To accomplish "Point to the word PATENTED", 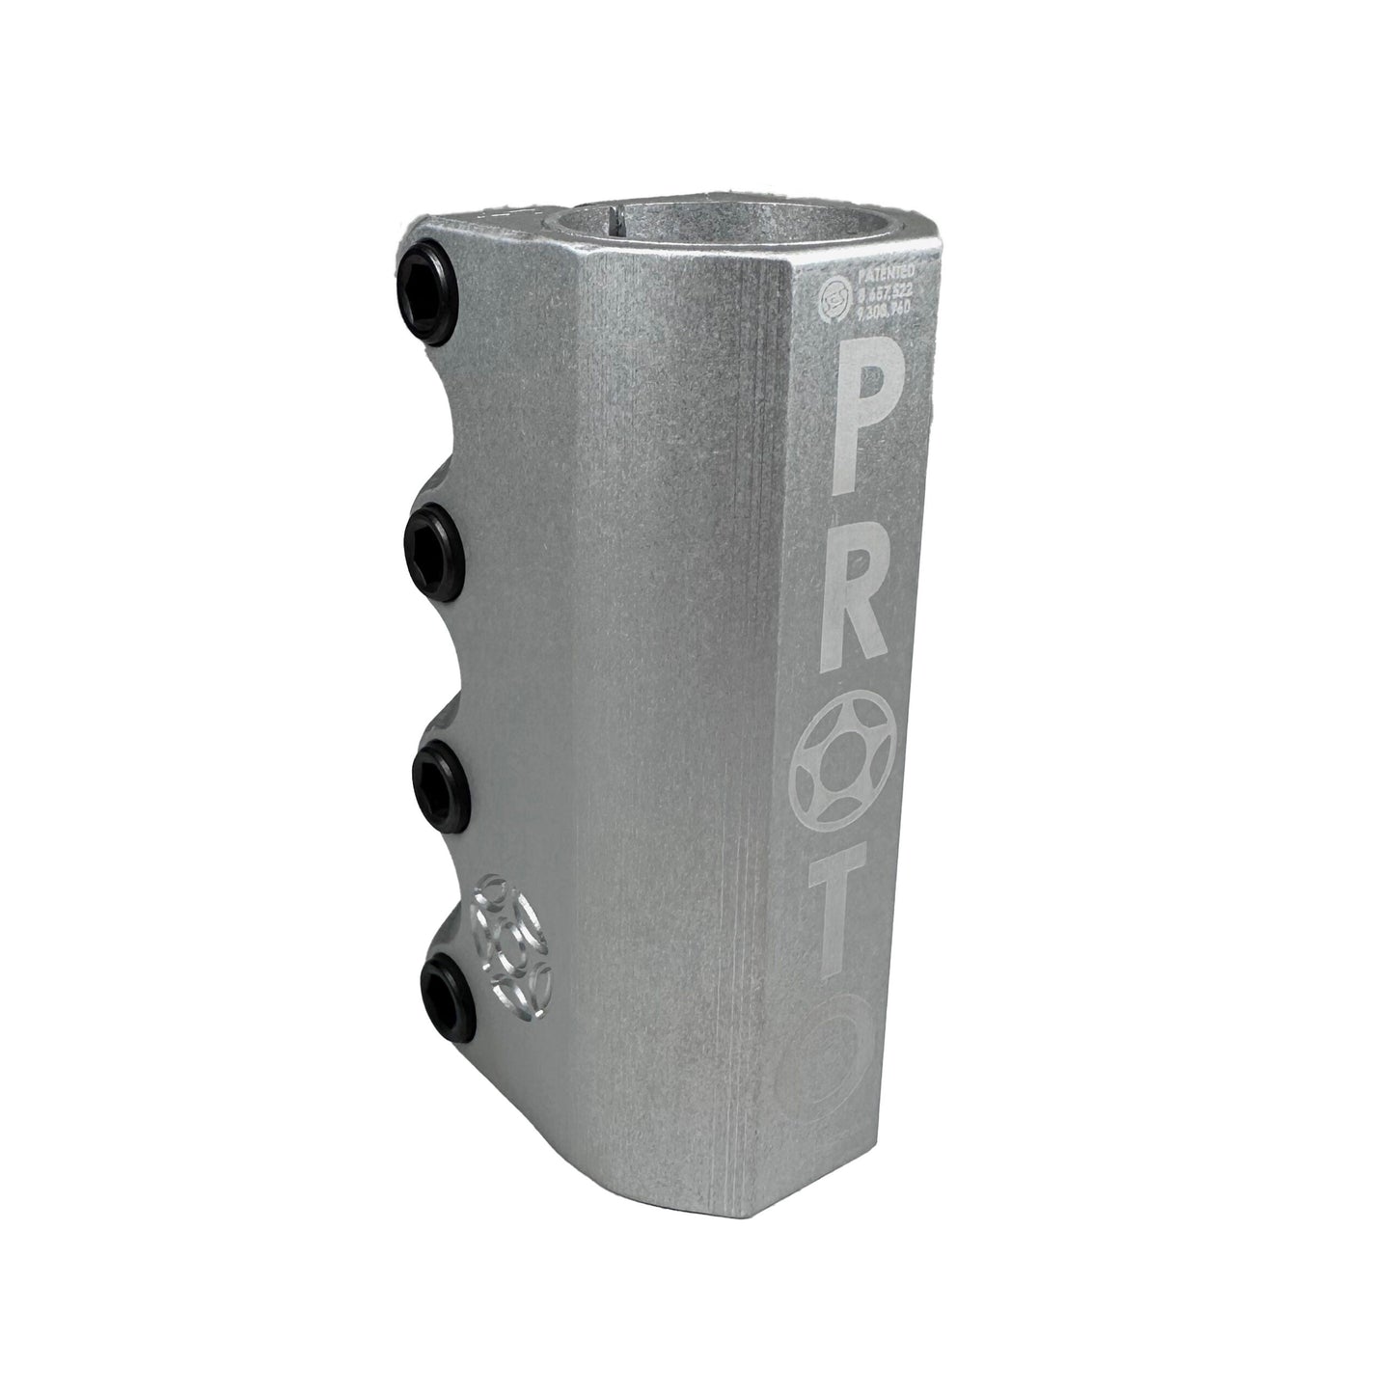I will pyautogui.click(x=872, y=283).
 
